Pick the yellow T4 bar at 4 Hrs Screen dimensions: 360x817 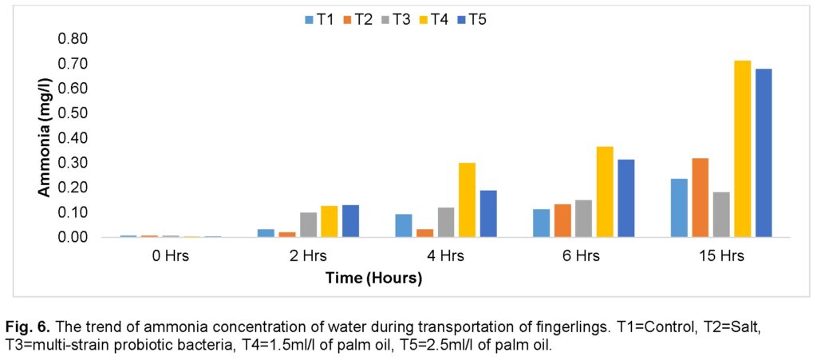(x=467, y=200)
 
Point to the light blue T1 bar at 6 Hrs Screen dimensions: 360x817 (x=542, y=223)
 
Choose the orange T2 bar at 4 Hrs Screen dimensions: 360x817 (x=425, y=233)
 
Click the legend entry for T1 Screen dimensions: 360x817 (x=319, y=20)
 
